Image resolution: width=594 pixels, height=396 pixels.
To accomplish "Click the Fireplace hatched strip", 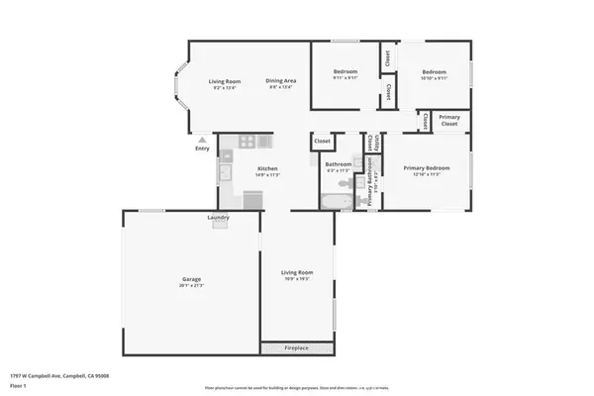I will [296, 347].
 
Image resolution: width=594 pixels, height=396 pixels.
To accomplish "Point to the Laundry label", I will [219, 217].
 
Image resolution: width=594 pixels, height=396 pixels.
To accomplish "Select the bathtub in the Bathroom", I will [334, 203].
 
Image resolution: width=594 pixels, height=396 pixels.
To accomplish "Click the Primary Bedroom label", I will [427, 167].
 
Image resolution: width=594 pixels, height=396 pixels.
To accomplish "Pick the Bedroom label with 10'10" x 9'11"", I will [435, 71].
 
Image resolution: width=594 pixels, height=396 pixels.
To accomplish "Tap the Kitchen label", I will [267, 168].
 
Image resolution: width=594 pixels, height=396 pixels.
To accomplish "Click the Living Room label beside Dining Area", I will [224, 80].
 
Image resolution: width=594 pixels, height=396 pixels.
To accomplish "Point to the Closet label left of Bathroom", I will [323, 142].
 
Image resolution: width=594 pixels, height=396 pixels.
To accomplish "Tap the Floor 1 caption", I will [19, 385].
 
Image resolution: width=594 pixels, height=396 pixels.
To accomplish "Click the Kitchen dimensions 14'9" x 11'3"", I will [267, 175].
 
